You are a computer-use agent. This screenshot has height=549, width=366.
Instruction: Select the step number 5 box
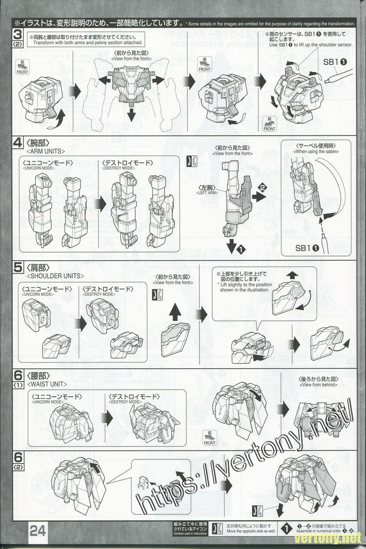point(17,269)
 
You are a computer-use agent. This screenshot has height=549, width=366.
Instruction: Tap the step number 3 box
point(17,35)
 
